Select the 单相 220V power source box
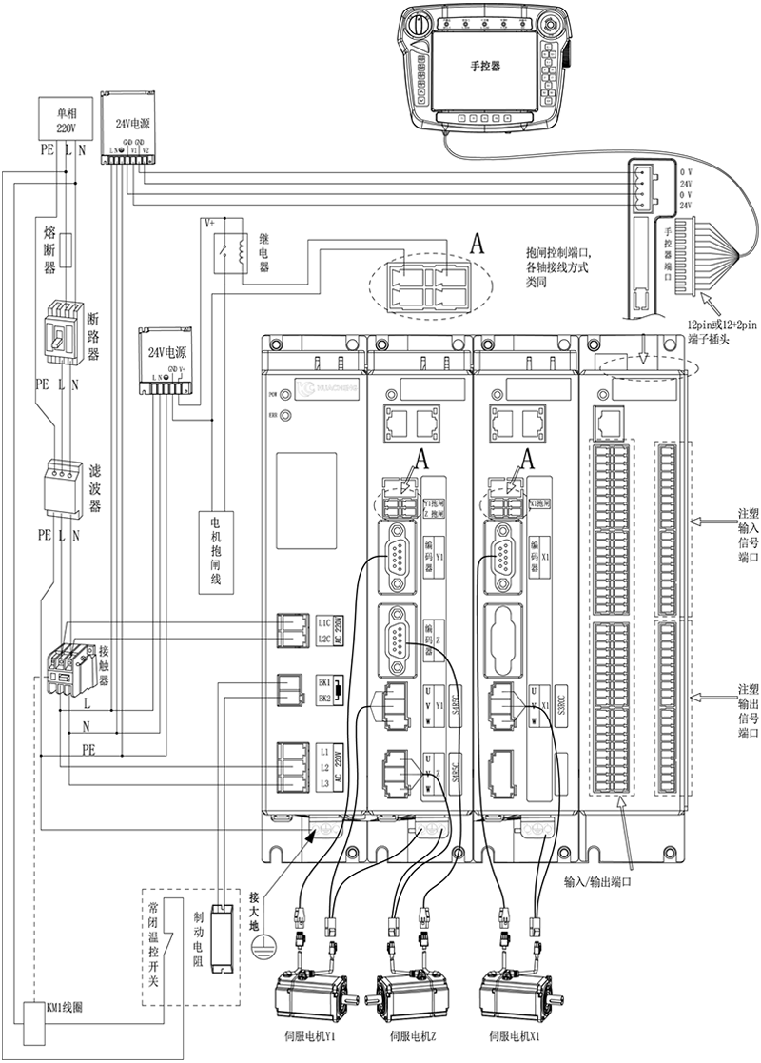click(64, 120)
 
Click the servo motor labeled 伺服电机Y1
click(309, 998)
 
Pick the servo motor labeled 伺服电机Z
click(410, 998)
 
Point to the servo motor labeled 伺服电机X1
click(510, 998)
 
